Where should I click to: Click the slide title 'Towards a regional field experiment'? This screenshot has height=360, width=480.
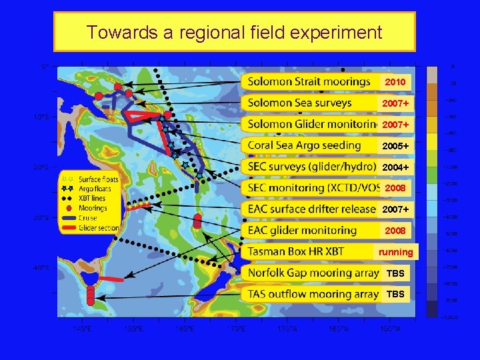point(234,32)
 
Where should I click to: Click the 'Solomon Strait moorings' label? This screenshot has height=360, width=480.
point(309,81)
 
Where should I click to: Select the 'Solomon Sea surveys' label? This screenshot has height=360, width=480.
point(299,103)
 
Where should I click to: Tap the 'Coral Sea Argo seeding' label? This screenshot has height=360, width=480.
point(304,145)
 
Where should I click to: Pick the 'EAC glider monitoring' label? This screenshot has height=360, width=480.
point(302,230)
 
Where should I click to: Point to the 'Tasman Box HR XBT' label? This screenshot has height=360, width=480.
point(295,251)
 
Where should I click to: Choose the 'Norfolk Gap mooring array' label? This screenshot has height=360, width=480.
point(313,273)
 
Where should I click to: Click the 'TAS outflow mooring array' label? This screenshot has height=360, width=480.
point(313,294)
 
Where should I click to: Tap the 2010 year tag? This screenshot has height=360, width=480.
point(395,82)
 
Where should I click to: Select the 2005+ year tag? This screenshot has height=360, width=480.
point(395,146)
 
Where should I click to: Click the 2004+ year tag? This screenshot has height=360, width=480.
point(395,167)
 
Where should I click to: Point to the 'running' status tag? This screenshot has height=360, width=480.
point(396,252)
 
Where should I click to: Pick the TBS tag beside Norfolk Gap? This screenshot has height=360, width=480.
point(395,273)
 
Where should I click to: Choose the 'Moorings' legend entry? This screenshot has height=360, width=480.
point(90,208)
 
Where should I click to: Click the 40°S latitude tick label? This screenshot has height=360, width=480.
point(41,267)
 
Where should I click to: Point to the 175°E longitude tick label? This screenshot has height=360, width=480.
point(235,328)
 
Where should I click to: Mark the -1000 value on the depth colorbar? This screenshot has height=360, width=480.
point(452,167)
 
